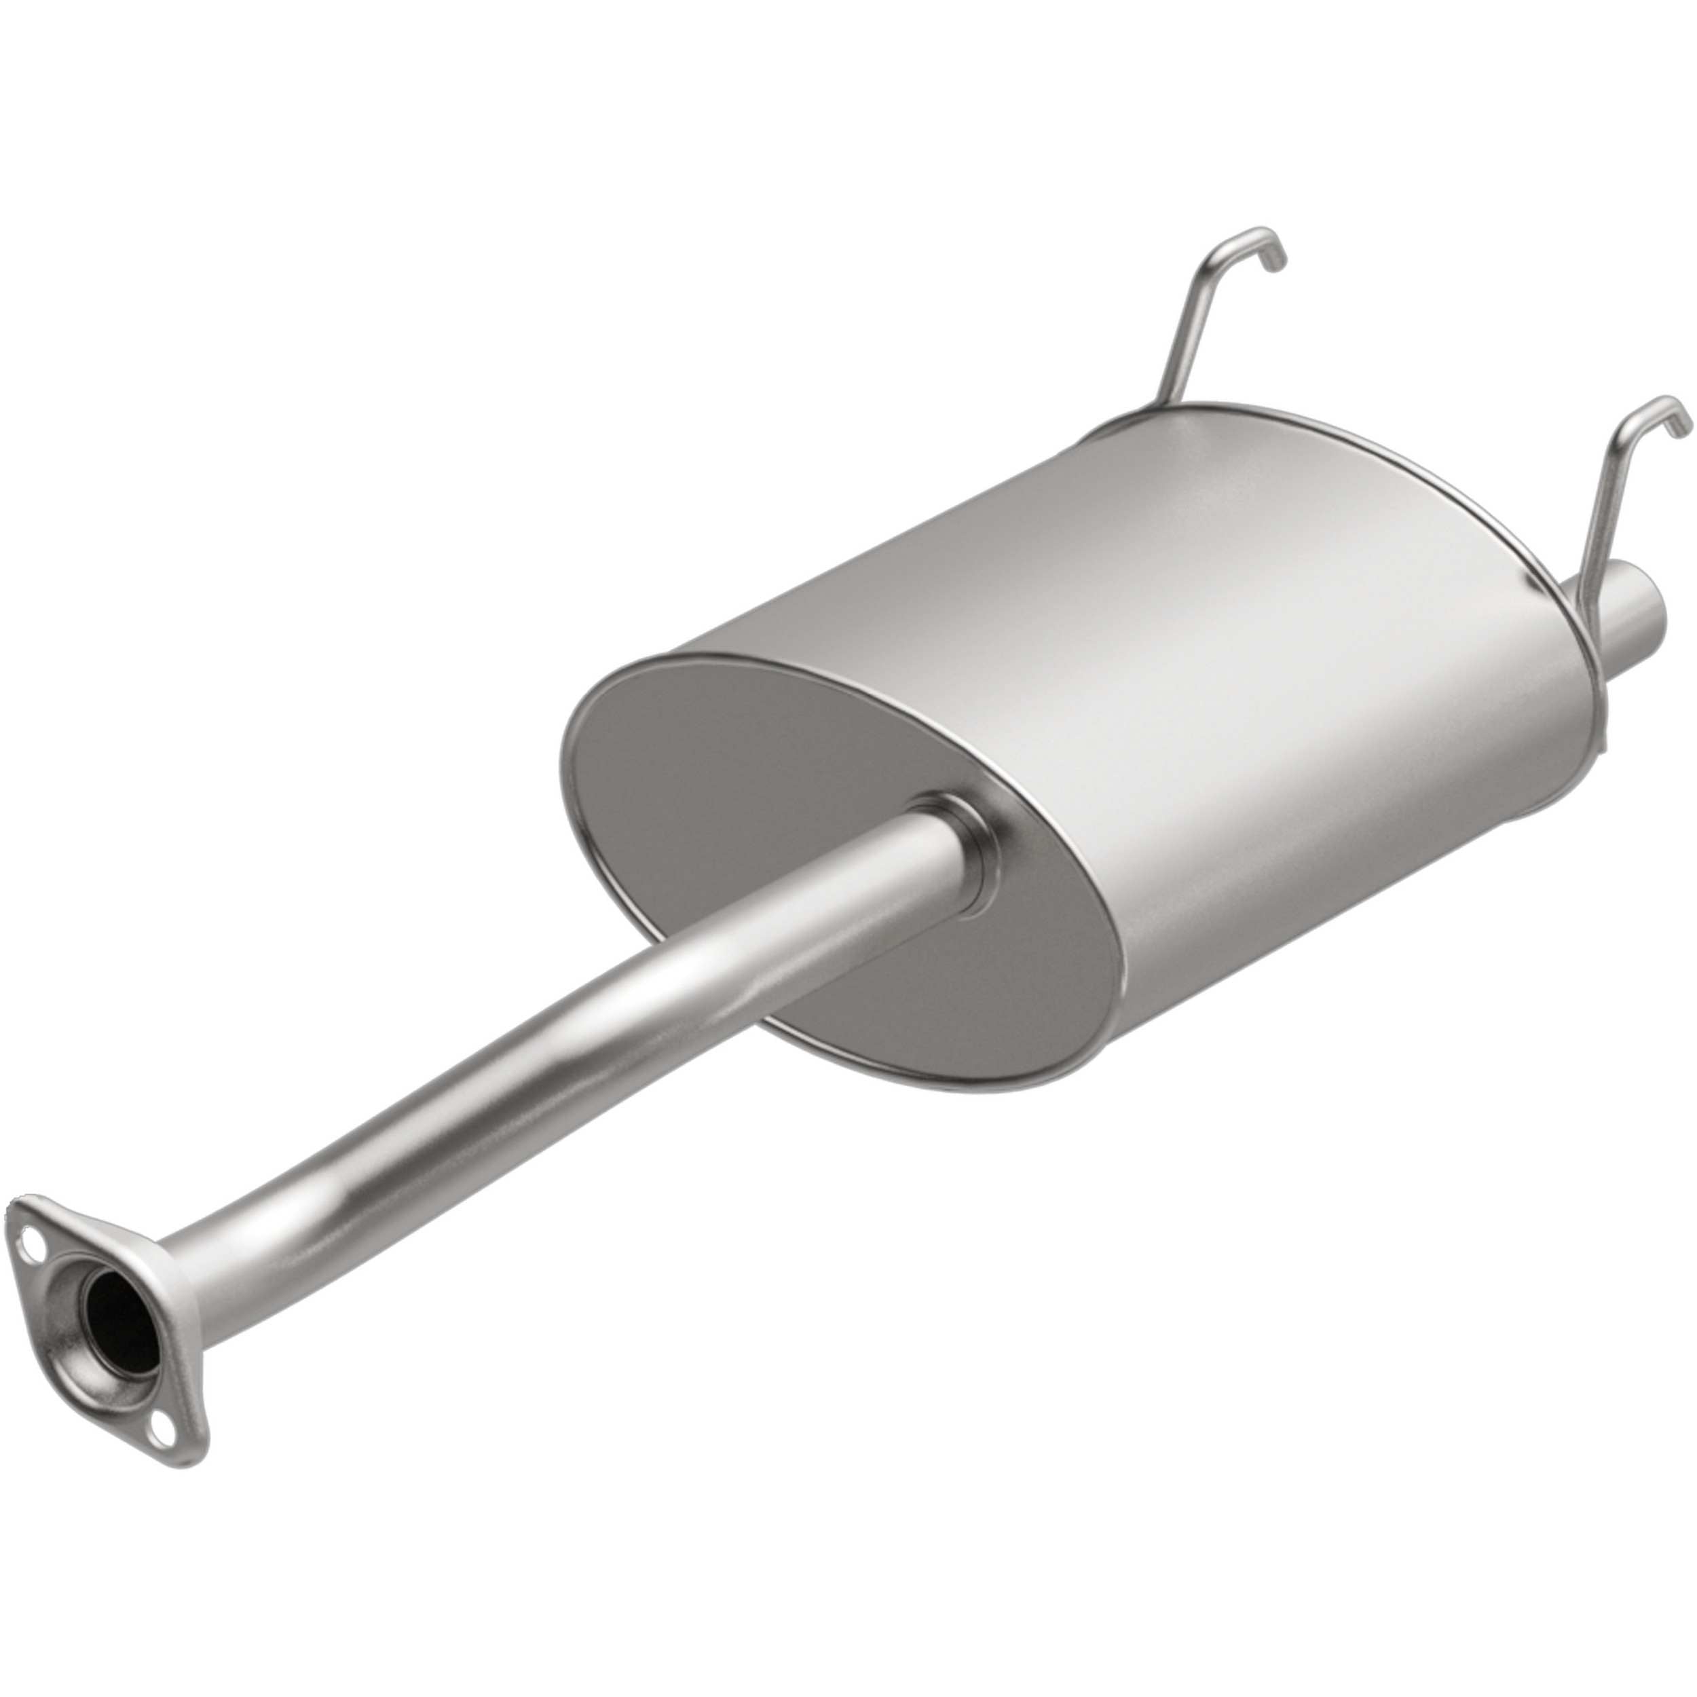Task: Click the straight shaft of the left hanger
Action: click(1186, 343)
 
